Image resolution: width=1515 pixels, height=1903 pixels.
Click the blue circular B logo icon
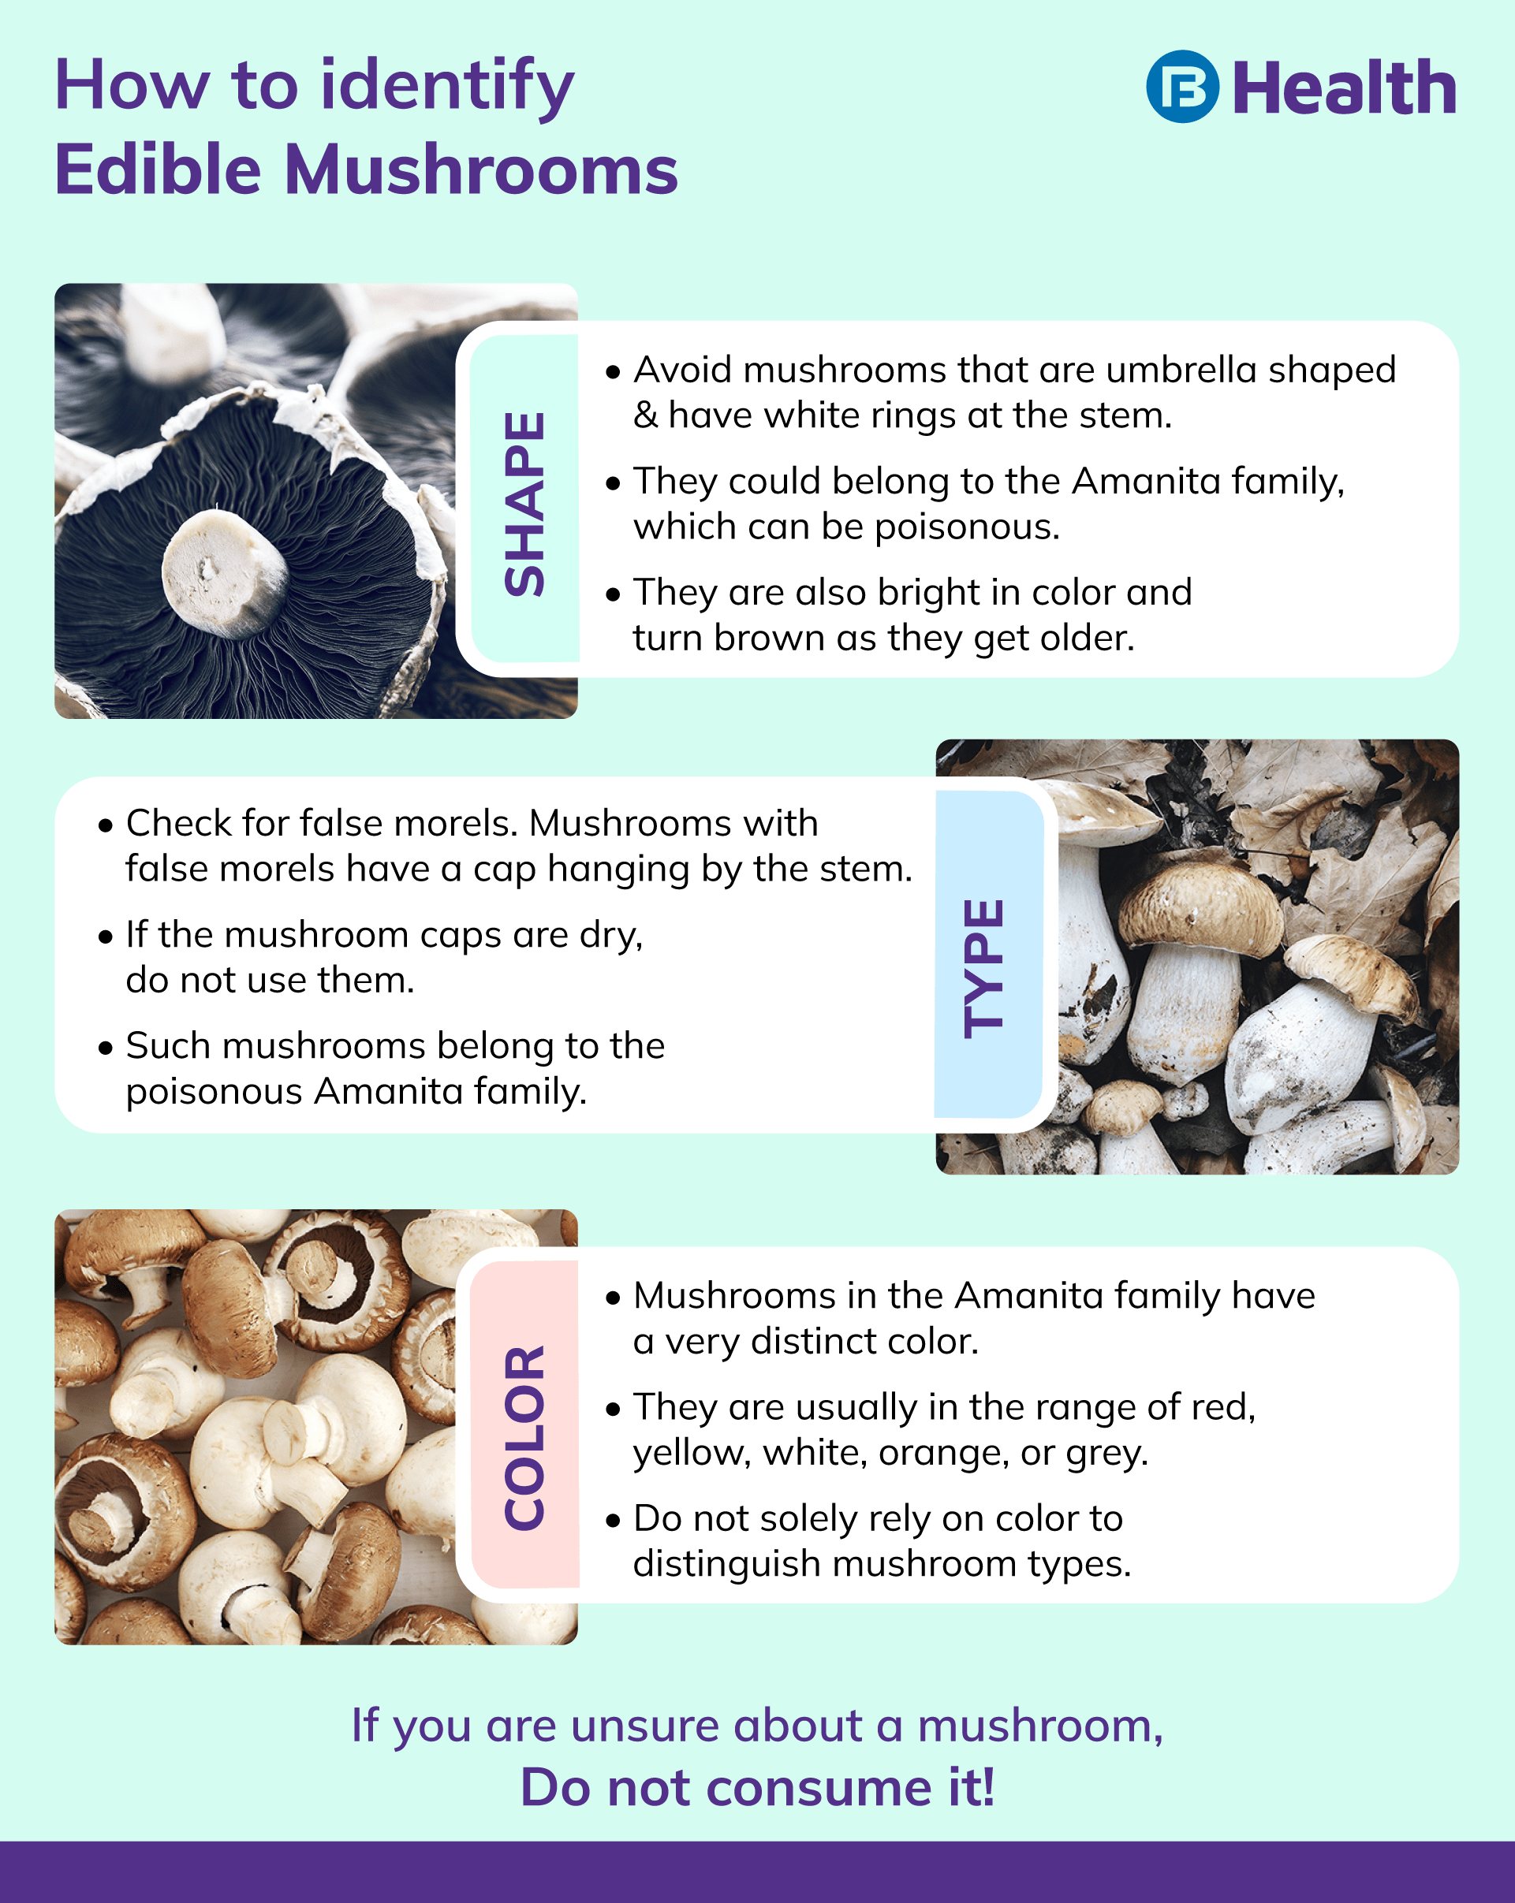[x=1182, y=87]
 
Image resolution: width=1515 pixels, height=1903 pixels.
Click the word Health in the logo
[x=1344, y=88]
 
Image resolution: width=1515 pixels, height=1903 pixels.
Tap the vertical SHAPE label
[x=524, y=504]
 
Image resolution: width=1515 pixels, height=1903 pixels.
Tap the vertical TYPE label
[x=983, y=967]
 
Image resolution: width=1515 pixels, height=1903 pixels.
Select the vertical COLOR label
[x=524, y=1438]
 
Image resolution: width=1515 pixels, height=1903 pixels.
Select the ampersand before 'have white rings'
[x=645, y=415]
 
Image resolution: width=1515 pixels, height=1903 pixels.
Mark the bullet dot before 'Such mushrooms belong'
[x=106, y=1048]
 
